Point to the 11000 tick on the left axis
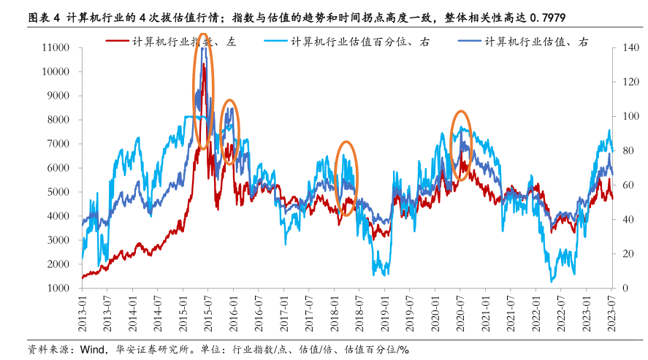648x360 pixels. pyautogui.click(x=56, y=47)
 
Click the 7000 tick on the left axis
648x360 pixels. pyautogui.click(x=58, y=144)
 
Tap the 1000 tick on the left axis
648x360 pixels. pyautogui.click(x=58, y=288)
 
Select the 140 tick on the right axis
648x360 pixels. pyautogui.click(x=631, y=47)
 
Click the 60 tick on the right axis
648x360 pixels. pyautogui.click(x=629, y=185)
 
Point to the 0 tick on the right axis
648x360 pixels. pyautogui.click(x=626, y=288)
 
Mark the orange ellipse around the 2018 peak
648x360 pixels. pyautogui.click(x=346, y=178)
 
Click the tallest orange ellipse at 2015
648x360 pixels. pyautogui.click(x=203, y=91)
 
